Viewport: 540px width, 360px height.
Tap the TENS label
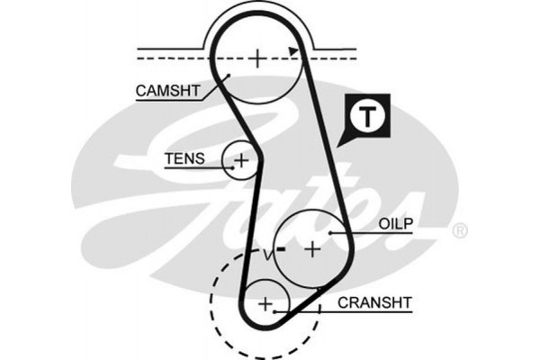tap(184, 160)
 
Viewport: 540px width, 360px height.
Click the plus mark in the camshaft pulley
tap(257, 58)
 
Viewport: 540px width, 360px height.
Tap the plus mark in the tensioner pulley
tap(240, 162)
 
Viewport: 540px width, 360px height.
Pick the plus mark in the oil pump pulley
tap(311, 247)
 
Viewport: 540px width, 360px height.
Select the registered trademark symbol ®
tap(460, 231)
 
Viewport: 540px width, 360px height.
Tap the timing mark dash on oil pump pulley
tap(282, 247)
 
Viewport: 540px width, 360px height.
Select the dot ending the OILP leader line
tap(332, 232)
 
